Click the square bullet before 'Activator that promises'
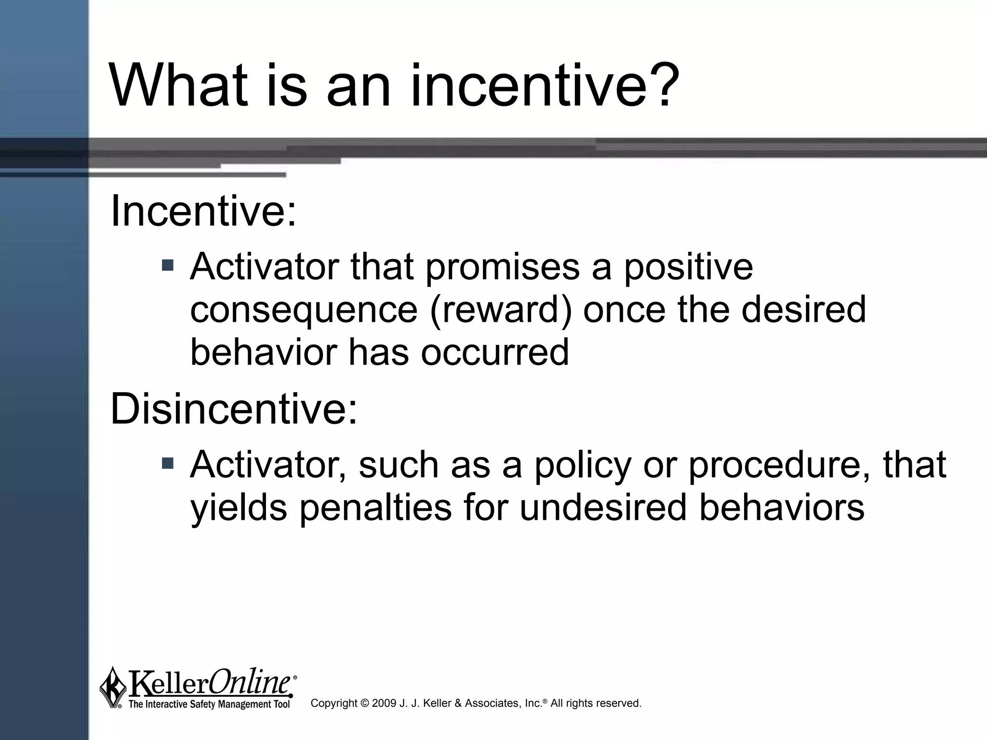point(168,264)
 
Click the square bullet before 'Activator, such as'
point(168,463)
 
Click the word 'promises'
point(502,268)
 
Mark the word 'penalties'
point(375,508)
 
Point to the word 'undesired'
point(603,508)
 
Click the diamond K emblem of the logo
point(113,687)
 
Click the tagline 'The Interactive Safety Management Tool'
point(209,704)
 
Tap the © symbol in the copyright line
point(364,703)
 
